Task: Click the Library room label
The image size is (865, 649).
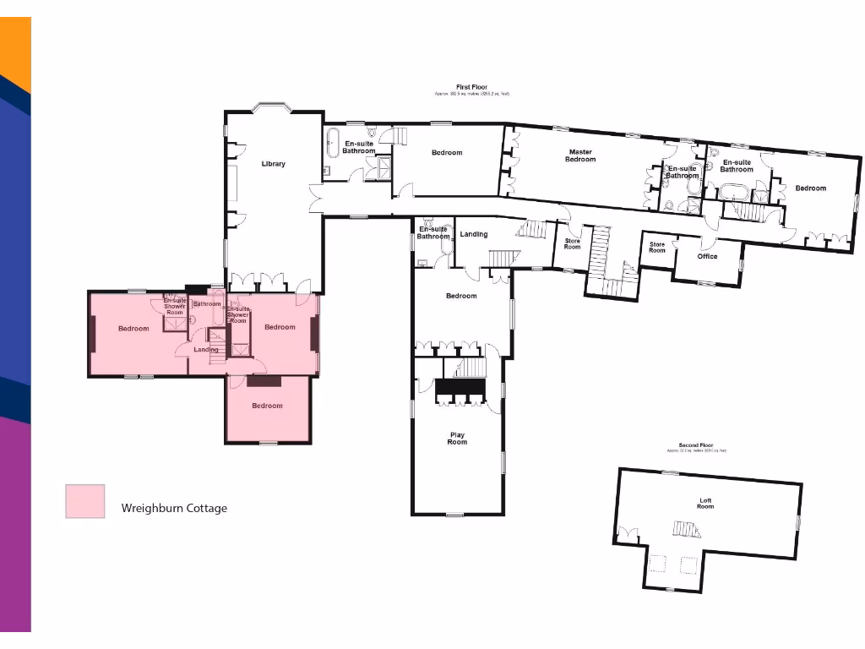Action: (273, 164)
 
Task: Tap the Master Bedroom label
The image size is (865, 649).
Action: (580, 155)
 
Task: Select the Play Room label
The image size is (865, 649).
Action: (456, 438)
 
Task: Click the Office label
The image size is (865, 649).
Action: (707, 256)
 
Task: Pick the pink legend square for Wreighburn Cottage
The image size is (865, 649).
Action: (85, 501)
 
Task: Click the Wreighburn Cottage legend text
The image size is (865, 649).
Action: (174, 508)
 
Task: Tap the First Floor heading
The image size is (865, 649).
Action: (472, 87)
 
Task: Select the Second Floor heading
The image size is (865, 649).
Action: (695, 444)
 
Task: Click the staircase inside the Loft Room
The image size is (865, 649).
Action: (686, 530)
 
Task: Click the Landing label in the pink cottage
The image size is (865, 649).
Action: (205, 349)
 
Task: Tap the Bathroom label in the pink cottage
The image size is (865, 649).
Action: (206, 303)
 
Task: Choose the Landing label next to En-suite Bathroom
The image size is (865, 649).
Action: (473, 234)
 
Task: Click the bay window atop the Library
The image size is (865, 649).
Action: (273, 107)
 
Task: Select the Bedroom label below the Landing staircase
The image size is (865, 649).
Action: (461, 296)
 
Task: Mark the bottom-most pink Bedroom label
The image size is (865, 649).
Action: (267, 406)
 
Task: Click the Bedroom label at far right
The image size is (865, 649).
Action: (810, 188)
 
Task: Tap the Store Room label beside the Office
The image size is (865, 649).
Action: (657, 247)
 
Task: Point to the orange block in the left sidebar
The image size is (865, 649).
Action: (15, 51)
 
